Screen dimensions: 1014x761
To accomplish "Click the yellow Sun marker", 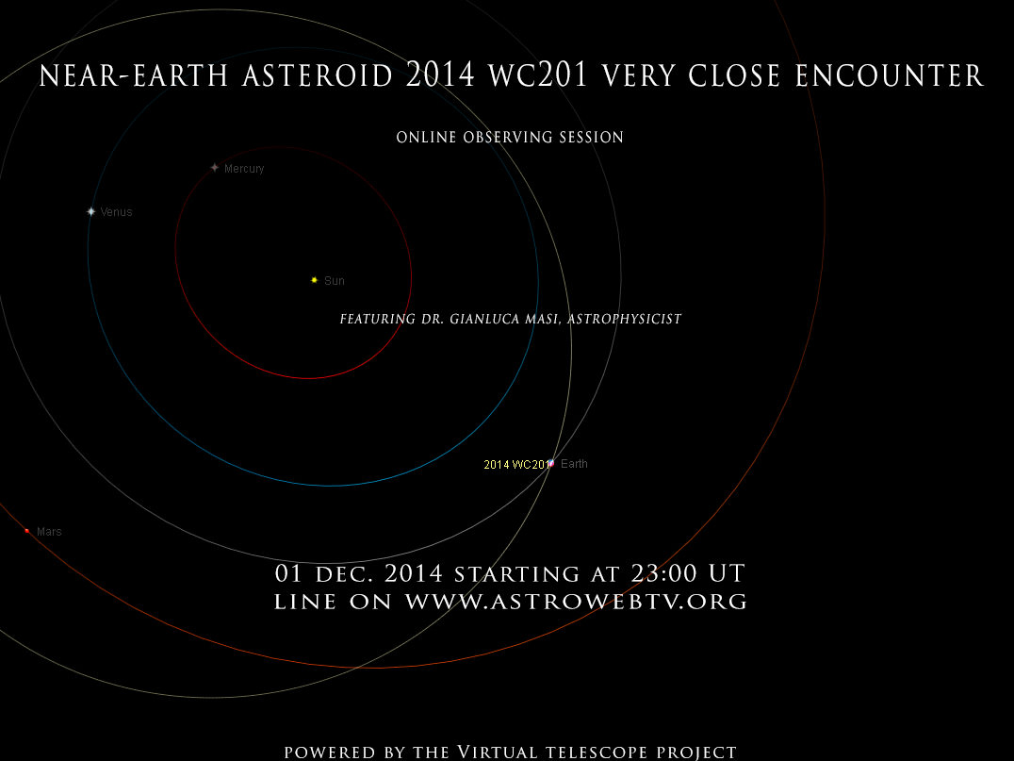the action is pyautogui.click(x=315, y=280).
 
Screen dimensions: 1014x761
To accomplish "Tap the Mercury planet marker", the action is pyautogui.click(x=215, y=168).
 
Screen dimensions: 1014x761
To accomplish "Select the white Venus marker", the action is pyautogui.click(x=91, y=211).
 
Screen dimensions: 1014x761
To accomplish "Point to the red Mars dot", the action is pyautogui.click(x=27, y=531).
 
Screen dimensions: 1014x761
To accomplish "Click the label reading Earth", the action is pyautogui.click(x=574, y=463).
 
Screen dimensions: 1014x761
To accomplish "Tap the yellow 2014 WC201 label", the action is pyautogui.click(x=516, y=465).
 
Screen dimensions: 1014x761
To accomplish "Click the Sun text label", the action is pyautogui.click(x=335, y=281).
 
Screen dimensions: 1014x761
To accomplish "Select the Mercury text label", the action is pyautogui.click(x=244, y=169).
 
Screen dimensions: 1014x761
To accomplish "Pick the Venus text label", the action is pyautogui.click(x=117, y=212).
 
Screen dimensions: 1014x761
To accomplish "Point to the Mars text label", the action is pyautogui.click(x=49, y=532).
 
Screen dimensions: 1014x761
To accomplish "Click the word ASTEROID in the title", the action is pyautogui.click(x=318, y=75).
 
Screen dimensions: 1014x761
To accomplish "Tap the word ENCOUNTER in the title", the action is pyautogui.click(x=890, y=75).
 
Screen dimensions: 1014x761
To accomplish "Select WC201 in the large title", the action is pyautogui.click(x=538, y=75).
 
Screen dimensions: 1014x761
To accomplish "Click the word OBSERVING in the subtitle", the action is pyautogui.click(x=508, y=137).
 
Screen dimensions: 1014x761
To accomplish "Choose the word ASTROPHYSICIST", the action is pyautogui.click(x=625, y=319).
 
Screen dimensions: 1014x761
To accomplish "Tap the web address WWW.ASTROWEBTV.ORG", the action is pyautogui.click(x=576, y=602).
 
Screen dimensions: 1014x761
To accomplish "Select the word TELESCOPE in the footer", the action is pyautogui.click(x=597, y=753).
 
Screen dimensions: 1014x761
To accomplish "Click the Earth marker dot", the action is pyautogui.click(x=551, y=463).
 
